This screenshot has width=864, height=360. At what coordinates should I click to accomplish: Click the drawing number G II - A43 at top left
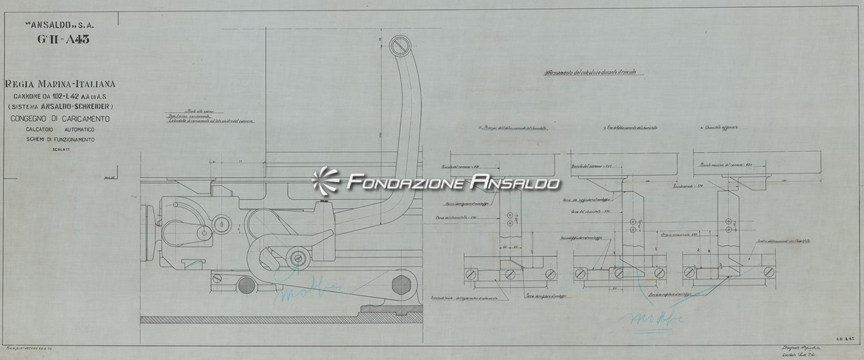(64, 39)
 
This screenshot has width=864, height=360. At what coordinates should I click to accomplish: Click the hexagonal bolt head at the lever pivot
(402, 284)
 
